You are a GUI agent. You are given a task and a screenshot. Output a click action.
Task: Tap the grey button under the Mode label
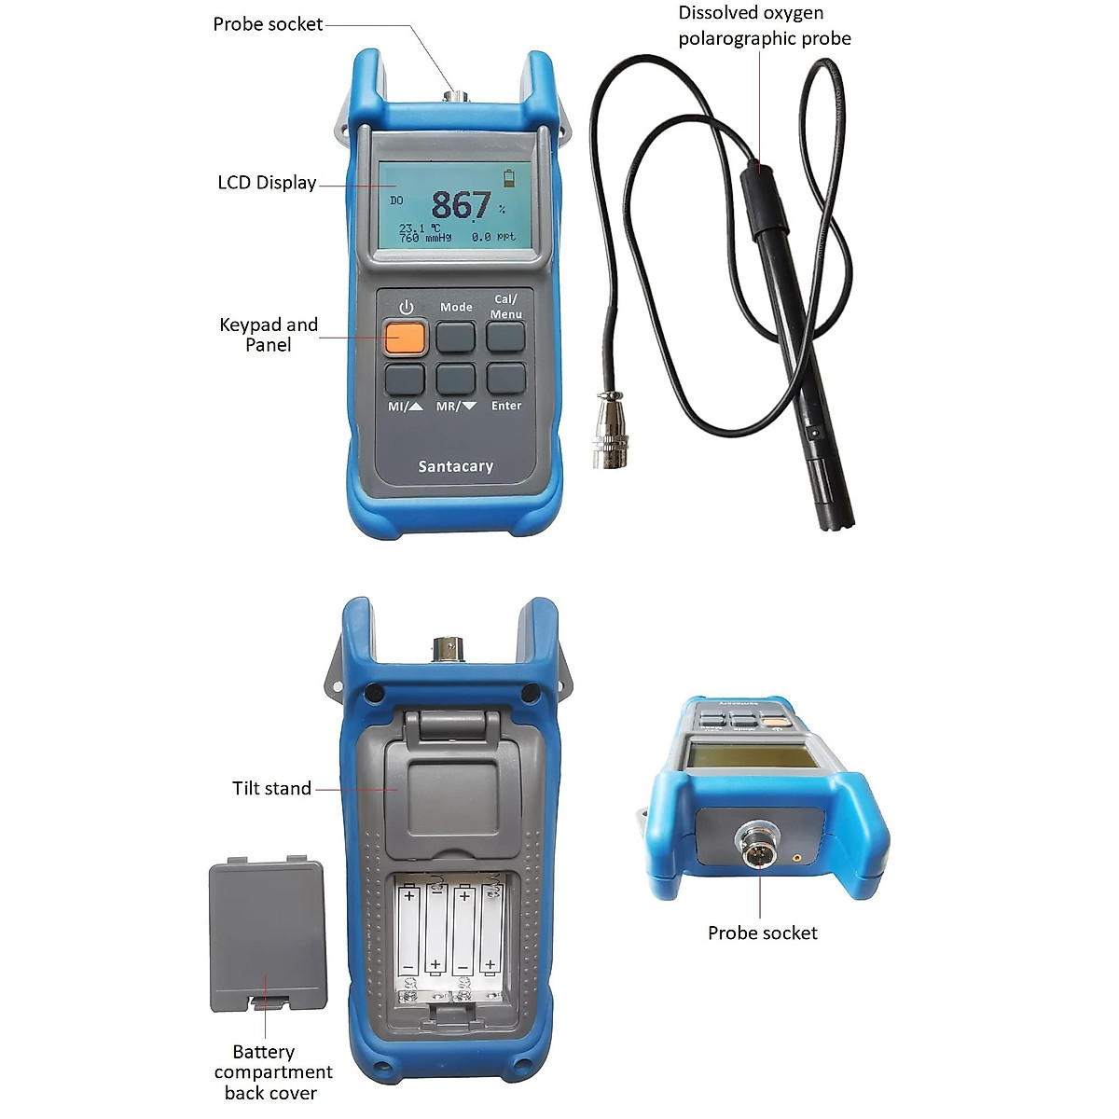456,337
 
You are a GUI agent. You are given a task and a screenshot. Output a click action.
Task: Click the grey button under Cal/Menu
506,337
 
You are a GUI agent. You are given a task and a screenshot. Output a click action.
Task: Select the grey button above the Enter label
506,379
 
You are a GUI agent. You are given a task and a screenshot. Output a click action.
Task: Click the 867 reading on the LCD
461,205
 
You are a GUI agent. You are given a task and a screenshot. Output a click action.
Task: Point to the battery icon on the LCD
508,177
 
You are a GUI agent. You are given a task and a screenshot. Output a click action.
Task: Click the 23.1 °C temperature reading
415,228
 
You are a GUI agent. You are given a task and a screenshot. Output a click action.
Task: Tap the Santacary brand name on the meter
455,466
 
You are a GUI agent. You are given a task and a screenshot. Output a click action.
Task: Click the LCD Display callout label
267,183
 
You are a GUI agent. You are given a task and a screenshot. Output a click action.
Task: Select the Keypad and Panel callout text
269,335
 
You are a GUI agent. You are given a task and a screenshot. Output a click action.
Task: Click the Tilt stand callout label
271,789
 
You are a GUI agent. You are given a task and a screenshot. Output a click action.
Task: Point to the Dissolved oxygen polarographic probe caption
764,26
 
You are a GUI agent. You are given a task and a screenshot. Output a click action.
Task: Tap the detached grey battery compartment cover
268,935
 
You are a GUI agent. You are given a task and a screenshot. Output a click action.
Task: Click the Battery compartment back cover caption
272,1072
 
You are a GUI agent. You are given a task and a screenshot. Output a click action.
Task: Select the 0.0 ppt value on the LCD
493,238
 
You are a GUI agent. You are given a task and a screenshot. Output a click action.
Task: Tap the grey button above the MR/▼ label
456,379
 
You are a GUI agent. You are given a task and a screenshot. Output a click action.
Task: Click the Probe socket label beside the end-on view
762,933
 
